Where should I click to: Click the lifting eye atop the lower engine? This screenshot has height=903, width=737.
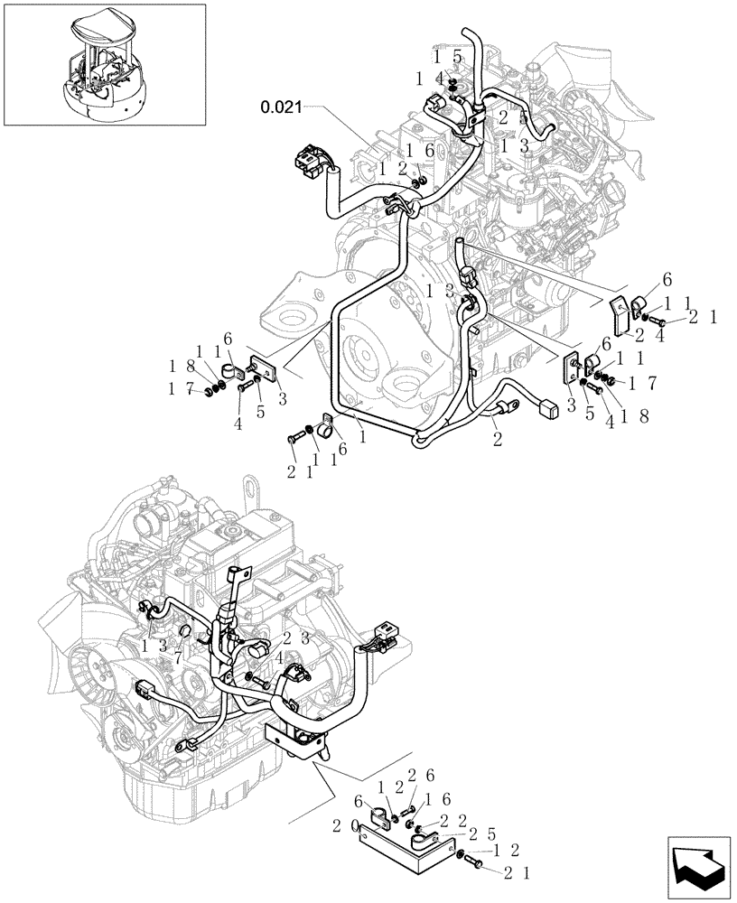pos(247,488)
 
